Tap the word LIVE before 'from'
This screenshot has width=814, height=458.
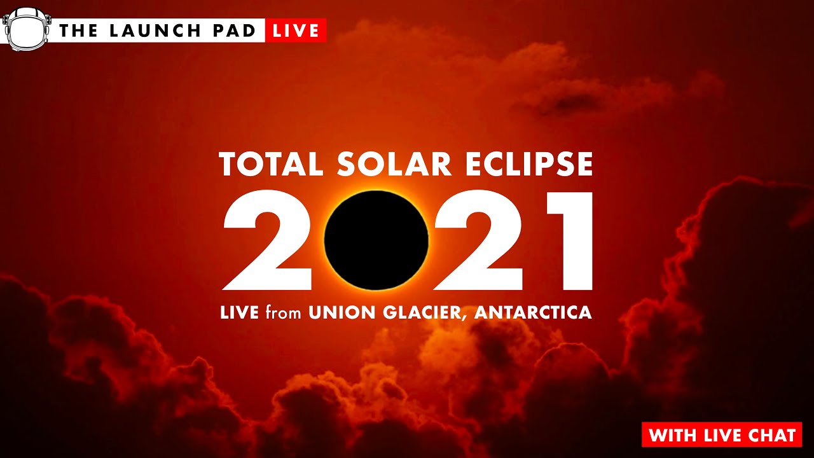click(x=239, y=313)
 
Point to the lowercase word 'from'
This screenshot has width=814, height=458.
click(x=284, y=313)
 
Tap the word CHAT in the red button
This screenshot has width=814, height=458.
click(x=771, y=436)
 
